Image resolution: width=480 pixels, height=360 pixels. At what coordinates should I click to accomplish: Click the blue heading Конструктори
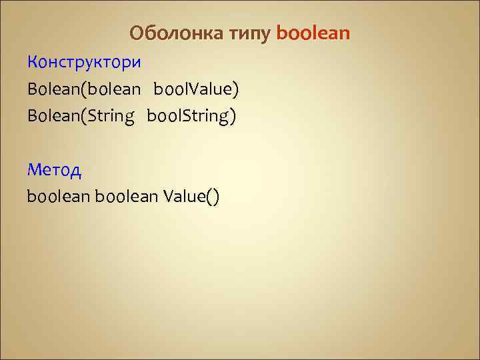(x=85, y=63)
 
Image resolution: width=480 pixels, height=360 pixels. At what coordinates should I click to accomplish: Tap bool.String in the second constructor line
(x=189, y=116)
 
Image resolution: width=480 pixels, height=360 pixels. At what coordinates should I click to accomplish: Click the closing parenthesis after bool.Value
(x=235, y=90)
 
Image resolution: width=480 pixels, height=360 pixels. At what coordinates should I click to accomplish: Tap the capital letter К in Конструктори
(x=33, y=63)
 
